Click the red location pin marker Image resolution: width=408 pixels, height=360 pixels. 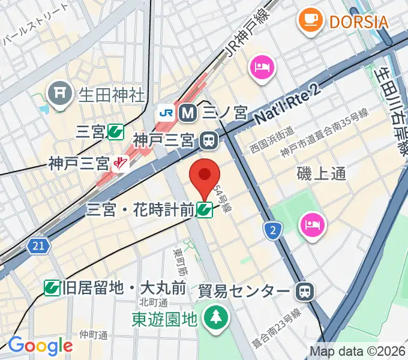pyautogui.click(x=205, y=176)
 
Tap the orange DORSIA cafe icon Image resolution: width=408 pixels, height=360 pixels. pyautogui.click(x=310, y=22)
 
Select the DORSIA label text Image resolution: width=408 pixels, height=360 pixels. pyautogui.click(x=358, y=22)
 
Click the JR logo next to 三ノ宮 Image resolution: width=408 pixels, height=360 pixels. pyautogui.click(x=166, y=112)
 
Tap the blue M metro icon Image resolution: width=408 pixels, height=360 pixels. pyautogui.click(x=188, y=112)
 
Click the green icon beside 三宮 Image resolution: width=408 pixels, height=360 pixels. pyautogui.click(x=116, y=132)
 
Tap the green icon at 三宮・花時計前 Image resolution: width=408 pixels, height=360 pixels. pyautogui.click(x=205, y=209)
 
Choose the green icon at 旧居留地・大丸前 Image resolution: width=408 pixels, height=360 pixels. pyautogui.click(x=52, y=288)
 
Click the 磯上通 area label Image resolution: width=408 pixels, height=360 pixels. pyautogui.click(x=322, y=173)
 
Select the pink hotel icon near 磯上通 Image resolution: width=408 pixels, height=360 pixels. pyautogui.click(x=312, y=224)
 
